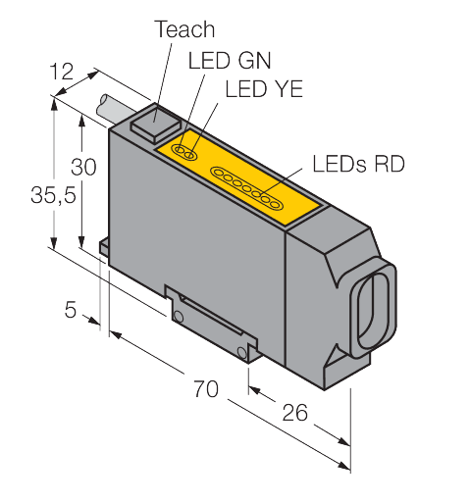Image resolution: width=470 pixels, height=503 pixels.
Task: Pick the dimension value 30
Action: pos(85,167)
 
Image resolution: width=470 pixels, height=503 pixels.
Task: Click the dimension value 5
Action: pos(70,310)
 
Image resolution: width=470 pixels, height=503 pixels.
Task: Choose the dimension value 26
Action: pos(293,413)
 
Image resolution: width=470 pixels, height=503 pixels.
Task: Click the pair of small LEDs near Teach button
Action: pos(184,150)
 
